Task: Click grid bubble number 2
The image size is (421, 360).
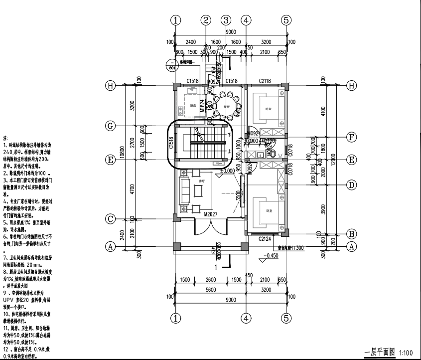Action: pos(206,20)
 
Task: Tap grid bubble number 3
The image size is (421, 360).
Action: pos(226,20)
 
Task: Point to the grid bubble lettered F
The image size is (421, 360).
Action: pos(352,136)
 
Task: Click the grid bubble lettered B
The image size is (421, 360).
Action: pos(352,233)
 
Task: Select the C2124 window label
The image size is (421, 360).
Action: pos(266,239)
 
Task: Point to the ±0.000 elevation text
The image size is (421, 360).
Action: pos(228,171)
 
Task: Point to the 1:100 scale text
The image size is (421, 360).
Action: pos(407,354)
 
